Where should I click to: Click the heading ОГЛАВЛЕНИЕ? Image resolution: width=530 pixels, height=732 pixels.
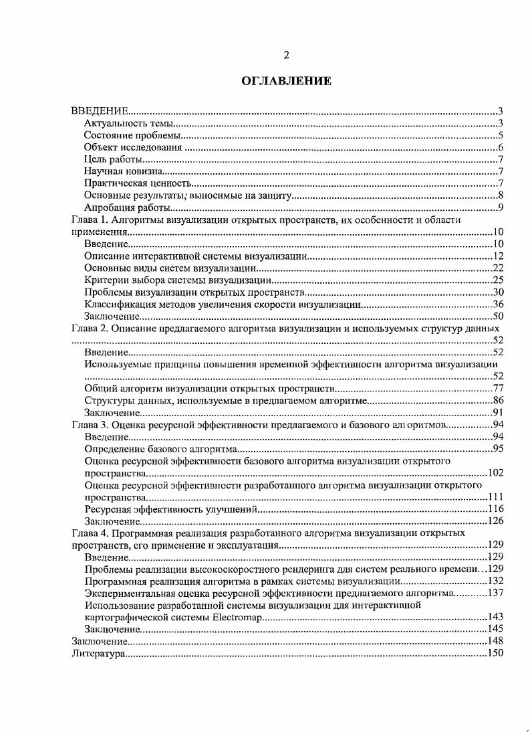[286, 81]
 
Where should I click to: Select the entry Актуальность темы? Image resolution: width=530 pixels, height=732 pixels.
[129, 123]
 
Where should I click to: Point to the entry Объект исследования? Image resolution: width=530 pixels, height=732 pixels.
[133, 147]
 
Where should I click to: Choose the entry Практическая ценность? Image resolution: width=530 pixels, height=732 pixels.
[138, 183]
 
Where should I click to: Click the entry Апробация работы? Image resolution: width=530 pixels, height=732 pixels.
[122, 207]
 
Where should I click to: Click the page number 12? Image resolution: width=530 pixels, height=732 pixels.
[498, 256]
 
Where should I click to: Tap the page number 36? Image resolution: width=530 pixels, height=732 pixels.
[498, 304]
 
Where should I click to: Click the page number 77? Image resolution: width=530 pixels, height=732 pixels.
[498, 389]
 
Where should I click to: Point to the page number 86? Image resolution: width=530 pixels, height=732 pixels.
[498, 401]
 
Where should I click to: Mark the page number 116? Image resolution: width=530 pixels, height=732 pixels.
[495, 509]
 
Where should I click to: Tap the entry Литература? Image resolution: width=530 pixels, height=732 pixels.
[98, 653]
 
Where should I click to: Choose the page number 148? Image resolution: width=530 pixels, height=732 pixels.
[495, 641]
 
